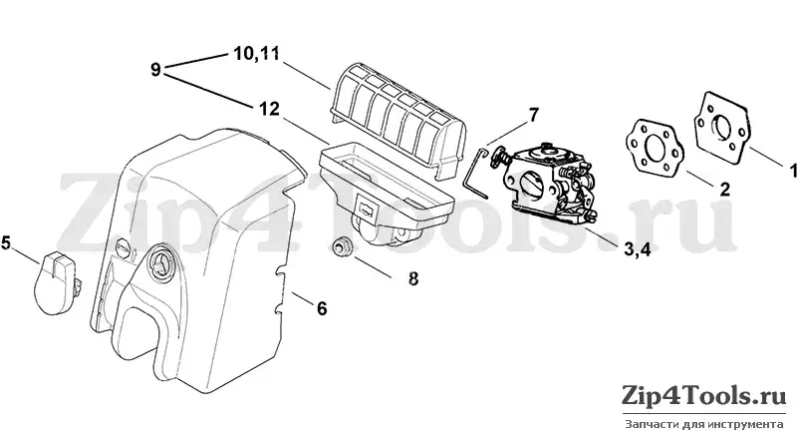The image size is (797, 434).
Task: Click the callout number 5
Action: (6, 242)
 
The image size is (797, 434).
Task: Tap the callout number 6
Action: (322, 308)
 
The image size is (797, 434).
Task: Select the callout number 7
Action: (533, 115)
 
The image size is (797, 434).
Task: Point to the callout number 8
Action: (413, 278)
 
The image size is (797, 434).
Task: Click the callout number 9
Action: (155, 69)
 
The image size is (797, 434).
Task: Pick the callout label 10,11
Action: (257, 54)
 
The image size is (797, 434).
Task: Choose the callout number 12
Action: (269, 109)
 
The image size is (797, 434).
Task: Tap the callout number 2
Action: (725, 190)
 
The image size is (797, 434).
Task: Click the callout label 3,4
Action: (637, 249)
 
